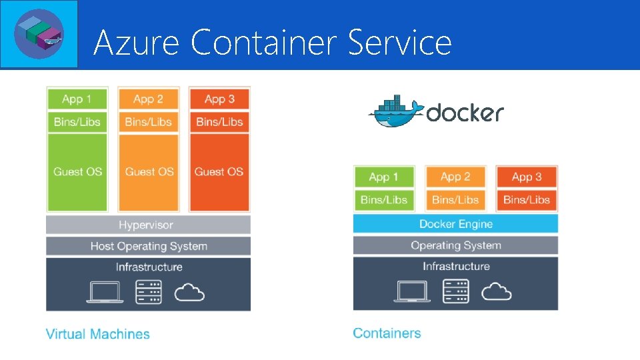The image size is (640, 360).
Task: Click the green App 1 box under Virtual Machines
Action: tap(77, 99)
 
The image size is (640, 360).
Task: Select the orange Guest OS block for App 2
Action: tap(148, 172)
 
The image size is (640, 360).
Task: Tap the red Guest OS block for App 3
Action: tap(219, 172)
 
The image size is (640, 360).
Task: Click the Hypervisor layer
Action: tap(148, 225)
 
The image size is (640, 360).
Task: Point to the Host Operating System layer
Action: tap(148, 246)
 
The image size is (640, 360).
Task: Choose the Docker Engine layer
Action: tap(455, 224)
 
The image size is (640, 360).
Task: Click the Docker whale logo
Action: tap(395, 111)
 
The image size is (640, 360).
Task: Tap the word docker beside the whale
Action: tap(465, 113)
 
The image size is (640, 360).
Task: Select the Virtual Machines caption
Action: tap(97, 334)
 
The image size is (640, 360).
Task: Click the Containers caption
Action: tap(387, 333)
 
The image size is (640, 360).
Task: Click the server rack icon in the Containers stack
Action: tap(456, 291)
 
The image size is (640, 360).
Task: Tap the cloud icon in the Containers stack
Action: tap(496, 291)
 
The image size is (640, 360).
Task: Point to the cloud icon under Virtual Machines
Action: tap(189, 292)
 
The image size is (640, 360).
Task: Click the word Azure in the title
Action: tap(136, 43)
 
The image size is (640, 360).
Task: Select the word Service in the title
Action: tap(400, 43)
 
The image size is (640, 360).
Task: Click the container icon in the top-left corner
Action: tap(39, 33)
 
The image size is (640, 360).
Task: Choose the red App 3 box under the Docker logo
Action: tap(526, 177)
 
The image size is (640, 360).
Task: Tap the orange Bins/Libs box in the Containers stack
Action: tap(455, 199)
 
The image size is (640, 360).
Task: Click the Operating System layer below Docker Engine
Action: tap(455, 245)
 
